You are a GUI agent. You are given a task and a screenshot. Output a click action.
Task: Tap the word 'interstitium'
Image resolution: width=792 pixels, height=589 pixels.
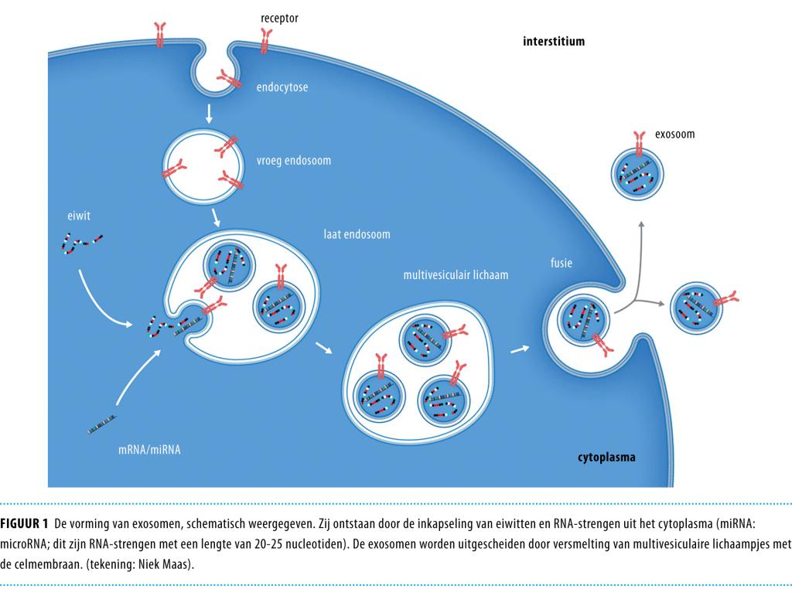pyautogui.click(x=554, y=41)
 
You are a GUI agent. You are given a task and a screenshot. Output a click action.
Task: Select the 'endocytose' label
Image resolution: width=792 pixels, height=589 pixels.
pyautogui.click(x=282, y=87)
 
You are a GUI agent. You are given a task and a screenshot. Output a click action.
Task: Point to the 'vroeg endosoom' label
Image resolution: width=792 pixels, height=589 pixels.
pyautogui.click(x=293, y=161)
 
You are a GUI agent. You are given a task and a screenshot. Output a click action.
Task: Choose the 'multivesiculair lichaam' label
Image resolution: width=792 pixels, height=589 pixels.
pyautogui.click(x=456, y=274)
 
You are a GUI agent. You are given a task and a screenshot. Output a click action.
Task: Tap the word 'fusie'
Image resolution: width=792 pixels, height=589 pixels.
pyautogui.click(x=562, y=263)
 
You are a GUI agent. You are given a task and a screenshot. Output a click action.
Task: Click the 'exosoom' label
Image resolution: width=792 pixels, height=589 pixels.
pyautogui.click(x=674, y=134)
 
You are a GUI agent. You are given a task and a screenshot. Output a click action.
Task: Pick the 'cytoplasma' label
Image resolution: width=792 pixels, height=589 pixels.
pyautogui.click(x=606, y=457)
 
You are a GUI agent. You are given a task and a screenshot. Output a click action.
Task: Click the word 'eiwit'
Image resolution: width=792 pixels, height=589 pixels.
pyautogui.click(x=78, y=216)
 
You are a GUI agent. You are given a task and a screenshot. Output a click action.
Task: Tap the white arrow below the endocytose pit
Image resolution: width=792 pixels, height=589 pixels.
pyautogui.click(x=209, y=115)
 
